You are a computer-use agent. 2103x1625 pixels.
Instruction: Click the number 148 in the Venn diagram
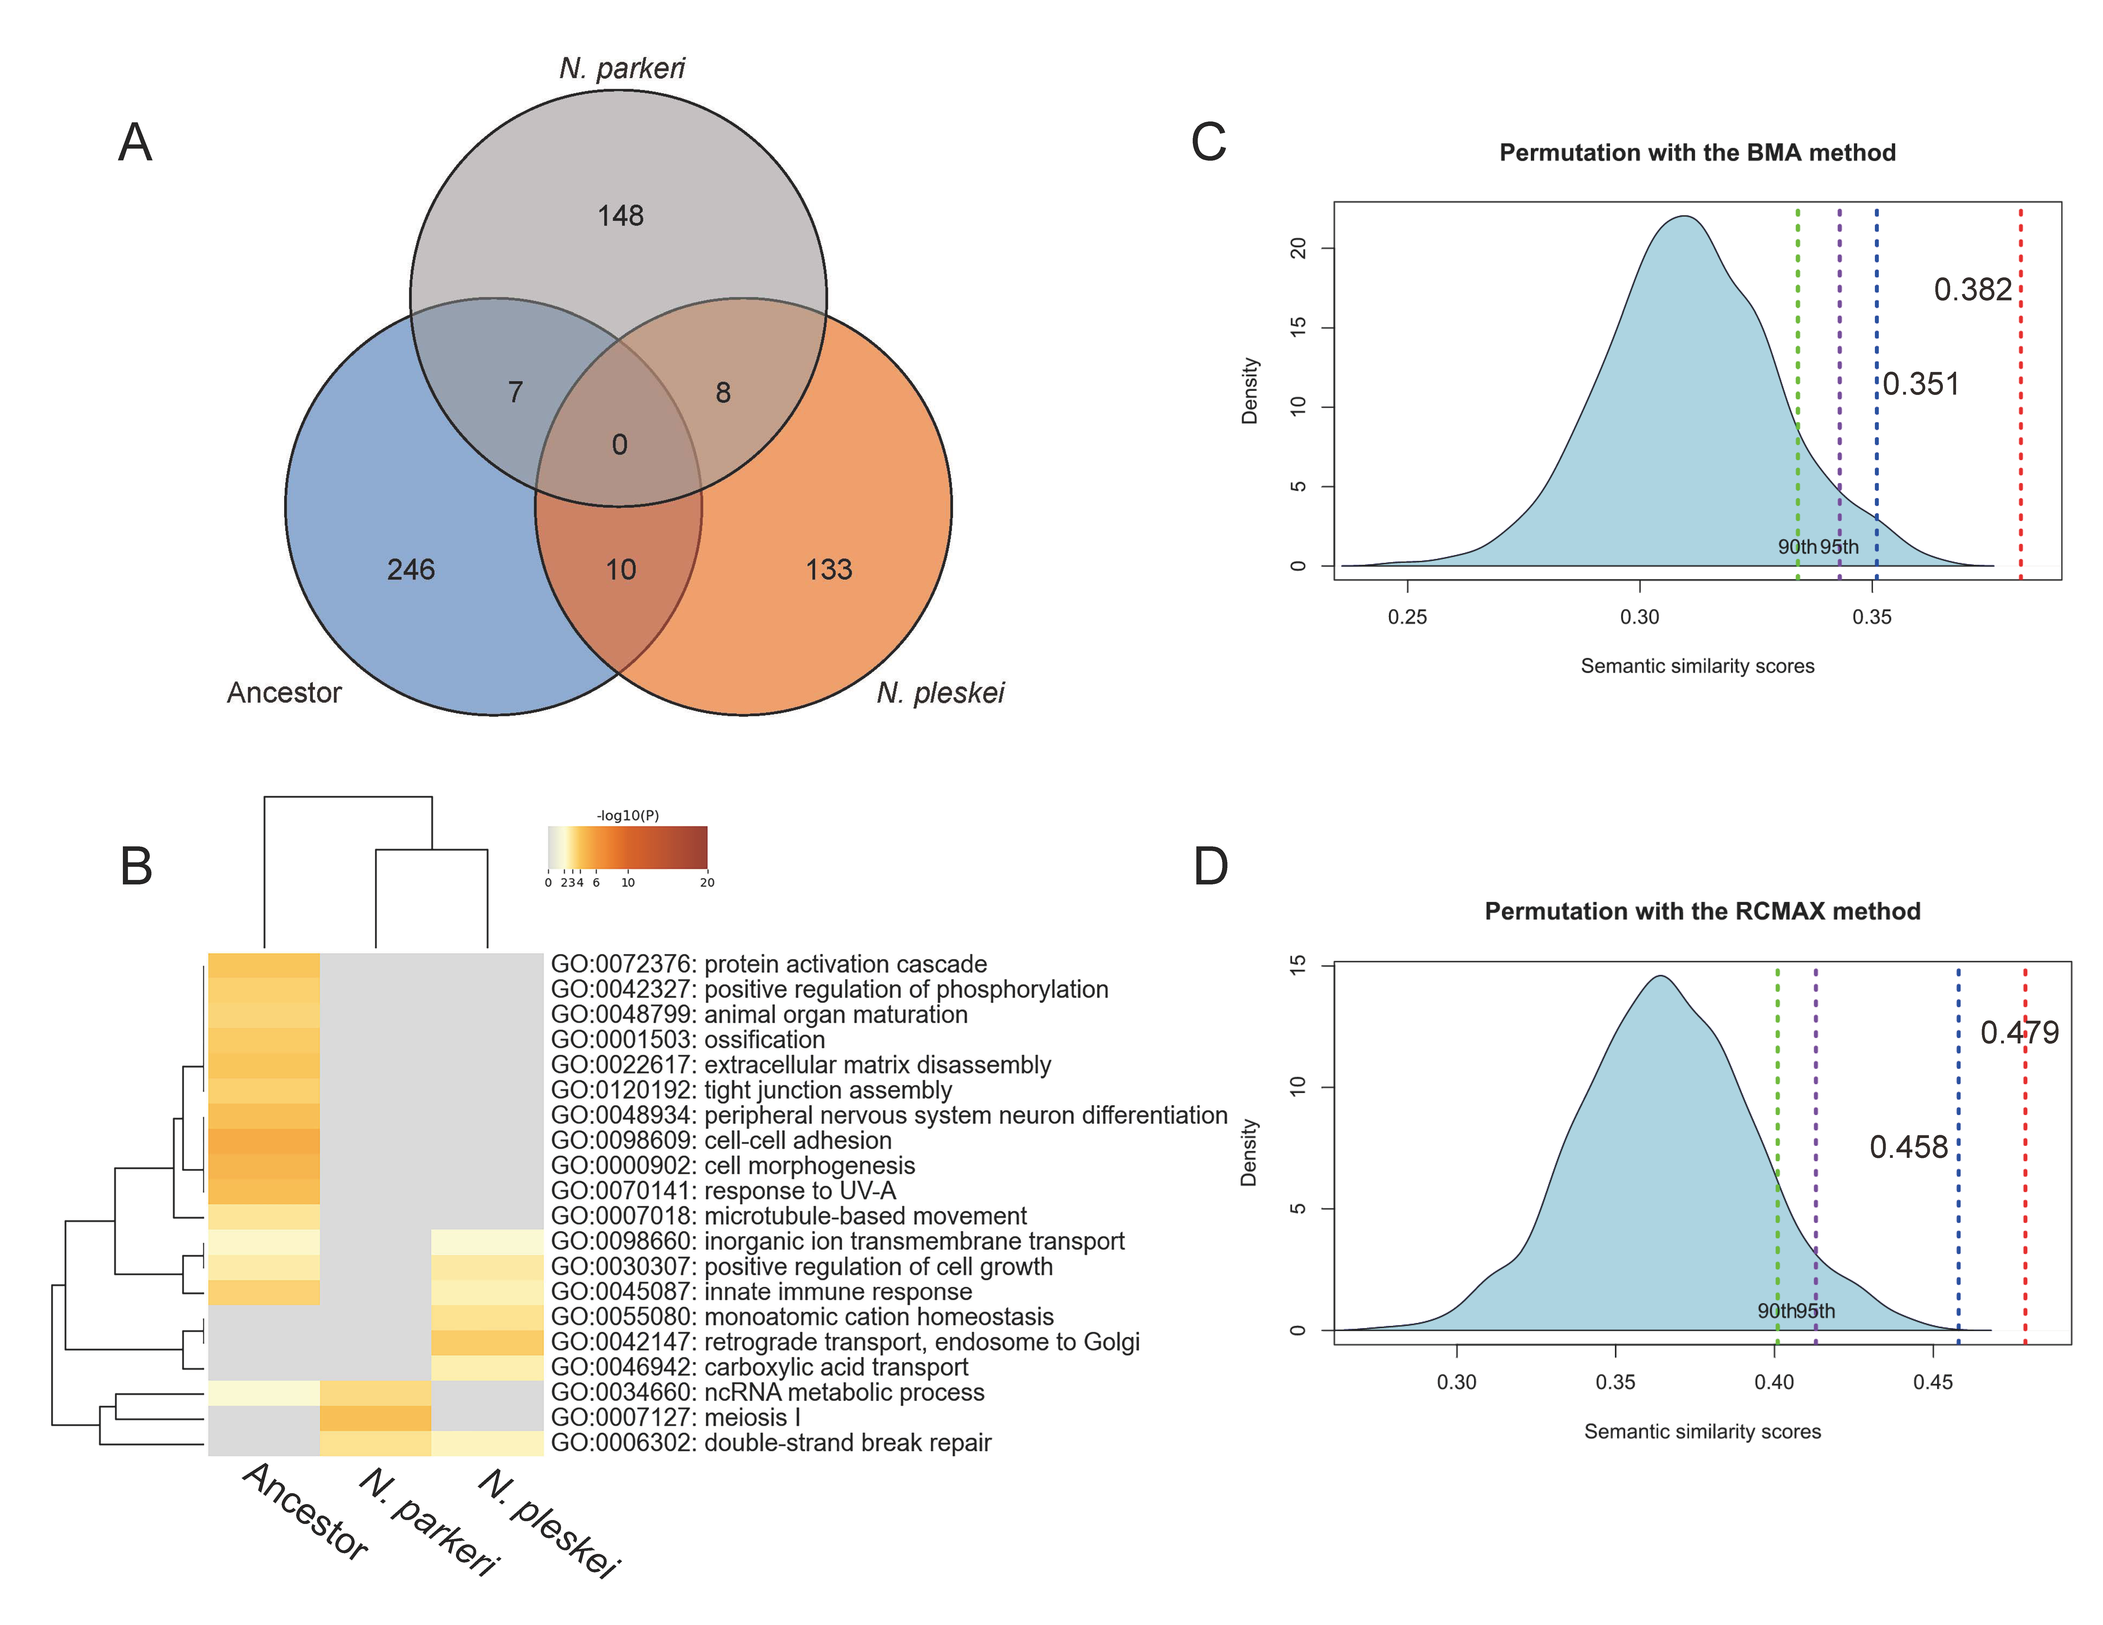tap(620, 216)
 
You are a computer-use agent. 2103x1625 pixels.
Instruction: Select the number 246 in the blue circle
tap(411, 570)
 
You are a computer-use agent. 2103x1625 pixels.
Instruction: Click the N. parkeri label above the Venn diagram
tap(622, 68)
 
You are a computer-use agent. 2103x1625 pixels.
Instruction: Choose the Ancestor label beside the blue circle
tap(284, 693)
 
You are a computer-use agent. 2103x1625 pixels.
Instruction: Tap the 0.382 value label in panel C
tap(1972, 290)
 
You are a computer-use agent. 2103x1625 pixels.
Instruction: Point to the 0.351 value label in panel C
tap(1921, 384)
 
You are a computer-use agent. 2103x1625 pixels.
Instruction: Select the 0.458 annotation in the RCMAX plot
tap(1908, 1148)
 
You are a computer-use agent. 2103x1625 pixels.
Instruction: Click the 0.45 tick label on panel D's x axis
tap(1933, 1382)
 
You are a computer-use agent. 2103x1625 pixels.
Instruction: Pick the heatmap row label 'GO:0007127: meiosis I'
tap(675, 1418)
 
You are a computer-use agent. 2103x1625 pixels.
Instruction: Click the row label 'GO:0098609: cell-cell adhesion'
tap(721, 1141)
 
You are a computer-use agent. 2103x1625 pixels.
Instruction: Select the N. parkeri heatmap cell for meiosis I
tap(376, 1418)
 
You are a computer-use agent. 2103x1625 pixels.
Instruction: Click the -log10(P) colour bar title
tap(628, 815)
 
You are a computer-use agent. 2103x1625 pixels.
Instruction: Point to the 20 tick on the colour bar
tap(707, 883)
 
